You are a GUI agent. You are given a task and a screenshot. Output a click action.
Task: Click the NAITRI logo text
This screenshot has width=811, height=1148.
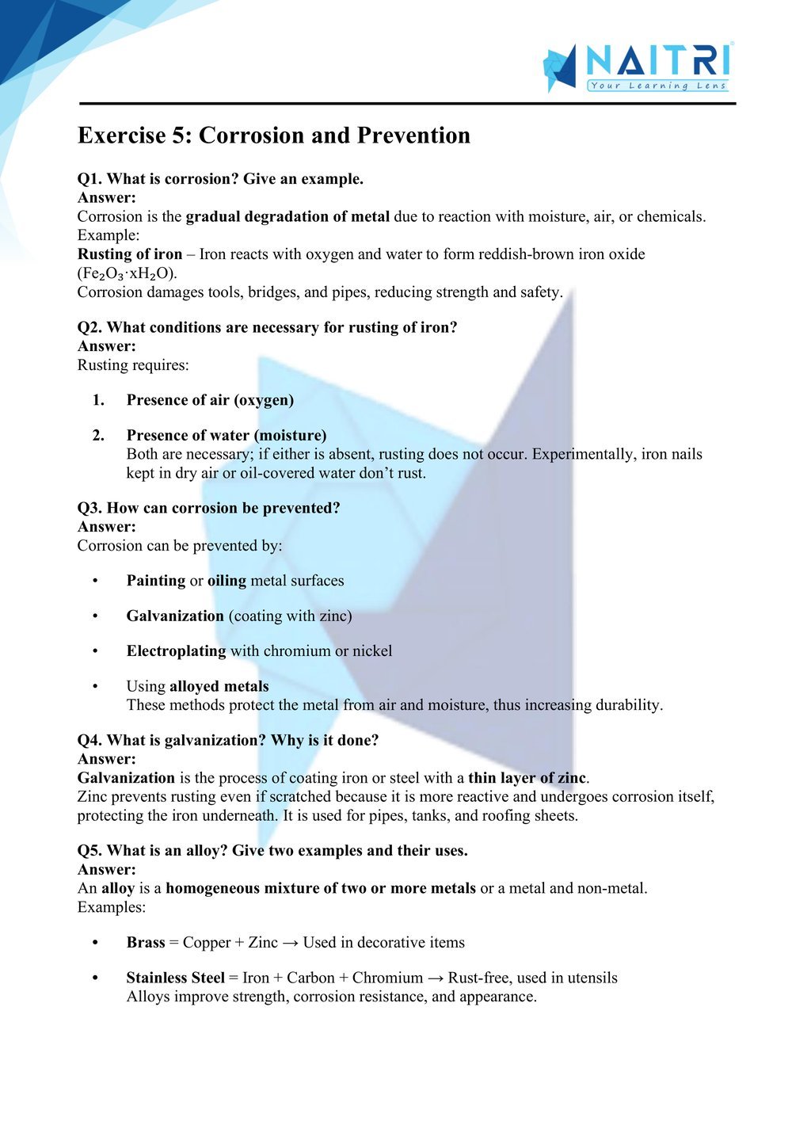[658, 61]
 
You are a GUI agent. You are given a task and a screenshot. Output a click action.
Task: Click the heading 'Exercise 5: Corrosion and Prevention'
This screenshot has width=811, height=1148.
[273, 135]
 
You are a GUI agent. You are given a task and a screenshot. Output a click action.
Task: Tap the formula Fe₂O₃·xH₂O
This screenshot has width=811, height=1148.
[127, 273]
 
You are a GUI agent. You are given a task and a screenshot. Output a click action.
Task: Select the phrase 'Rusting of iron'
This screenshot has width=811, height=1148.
[130, 254]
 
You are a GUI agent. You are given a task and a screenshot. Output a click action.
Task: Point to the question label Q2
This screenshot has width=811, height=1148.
[89, 327]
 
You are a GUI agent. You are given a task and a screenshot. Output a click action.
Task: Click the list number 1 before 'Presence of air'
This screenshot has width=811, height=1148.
[98, 400]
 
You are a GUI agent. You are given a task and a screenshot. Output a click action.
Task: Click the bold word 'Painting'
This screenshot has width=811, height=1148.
[156, 581]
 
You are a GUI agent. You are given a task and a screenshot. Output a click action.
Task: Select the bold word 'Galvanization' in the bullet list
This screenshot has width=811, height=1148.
[175, 616]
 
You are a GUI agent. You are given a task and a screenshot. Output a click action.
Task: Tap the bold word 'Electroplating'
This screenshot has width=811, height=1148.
[176, 650]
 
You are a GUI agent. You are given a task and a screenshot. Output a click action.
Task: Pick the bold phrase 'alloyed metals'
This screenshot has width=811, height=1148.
[219, 686]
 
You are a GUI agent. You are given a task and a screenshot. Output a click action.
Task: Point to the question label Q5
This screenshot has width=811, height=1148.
[89, 850]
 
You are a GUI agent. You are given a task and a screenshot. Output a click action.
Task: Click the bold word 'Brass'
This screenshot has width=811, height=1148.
[146, 942]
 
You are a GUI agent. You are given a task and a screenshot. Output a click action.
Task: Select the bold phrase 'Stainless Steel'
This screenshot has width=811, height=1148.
[175, 978]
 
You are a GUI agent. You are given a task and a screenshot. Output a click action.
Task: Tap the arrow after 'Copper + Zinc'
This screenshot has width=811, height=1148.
[290, 943]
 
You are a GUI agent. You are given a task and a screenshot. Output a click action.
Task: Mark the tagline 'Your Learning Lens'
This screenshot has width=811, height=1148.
[658, 86]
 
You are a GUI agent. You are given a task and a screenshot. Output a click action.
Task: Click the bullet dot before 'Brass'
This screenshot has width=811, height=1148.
[95, 943]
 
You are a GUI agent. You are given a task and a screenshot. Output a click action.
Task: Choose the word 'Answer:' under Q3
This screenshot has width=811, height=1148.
[106, 527]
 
